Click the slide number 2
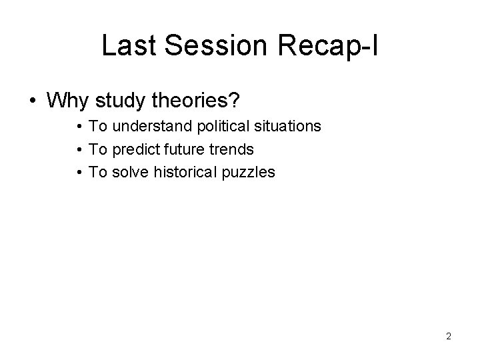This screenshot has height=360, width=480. (x=449, y=336)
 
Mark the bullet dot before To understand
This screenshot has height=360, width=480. (x=79, y=127)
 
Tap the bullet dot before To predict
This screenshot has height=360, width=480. (x=79, y=149)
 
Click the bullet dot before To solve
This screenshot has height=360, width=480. (x=79, y=173)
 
